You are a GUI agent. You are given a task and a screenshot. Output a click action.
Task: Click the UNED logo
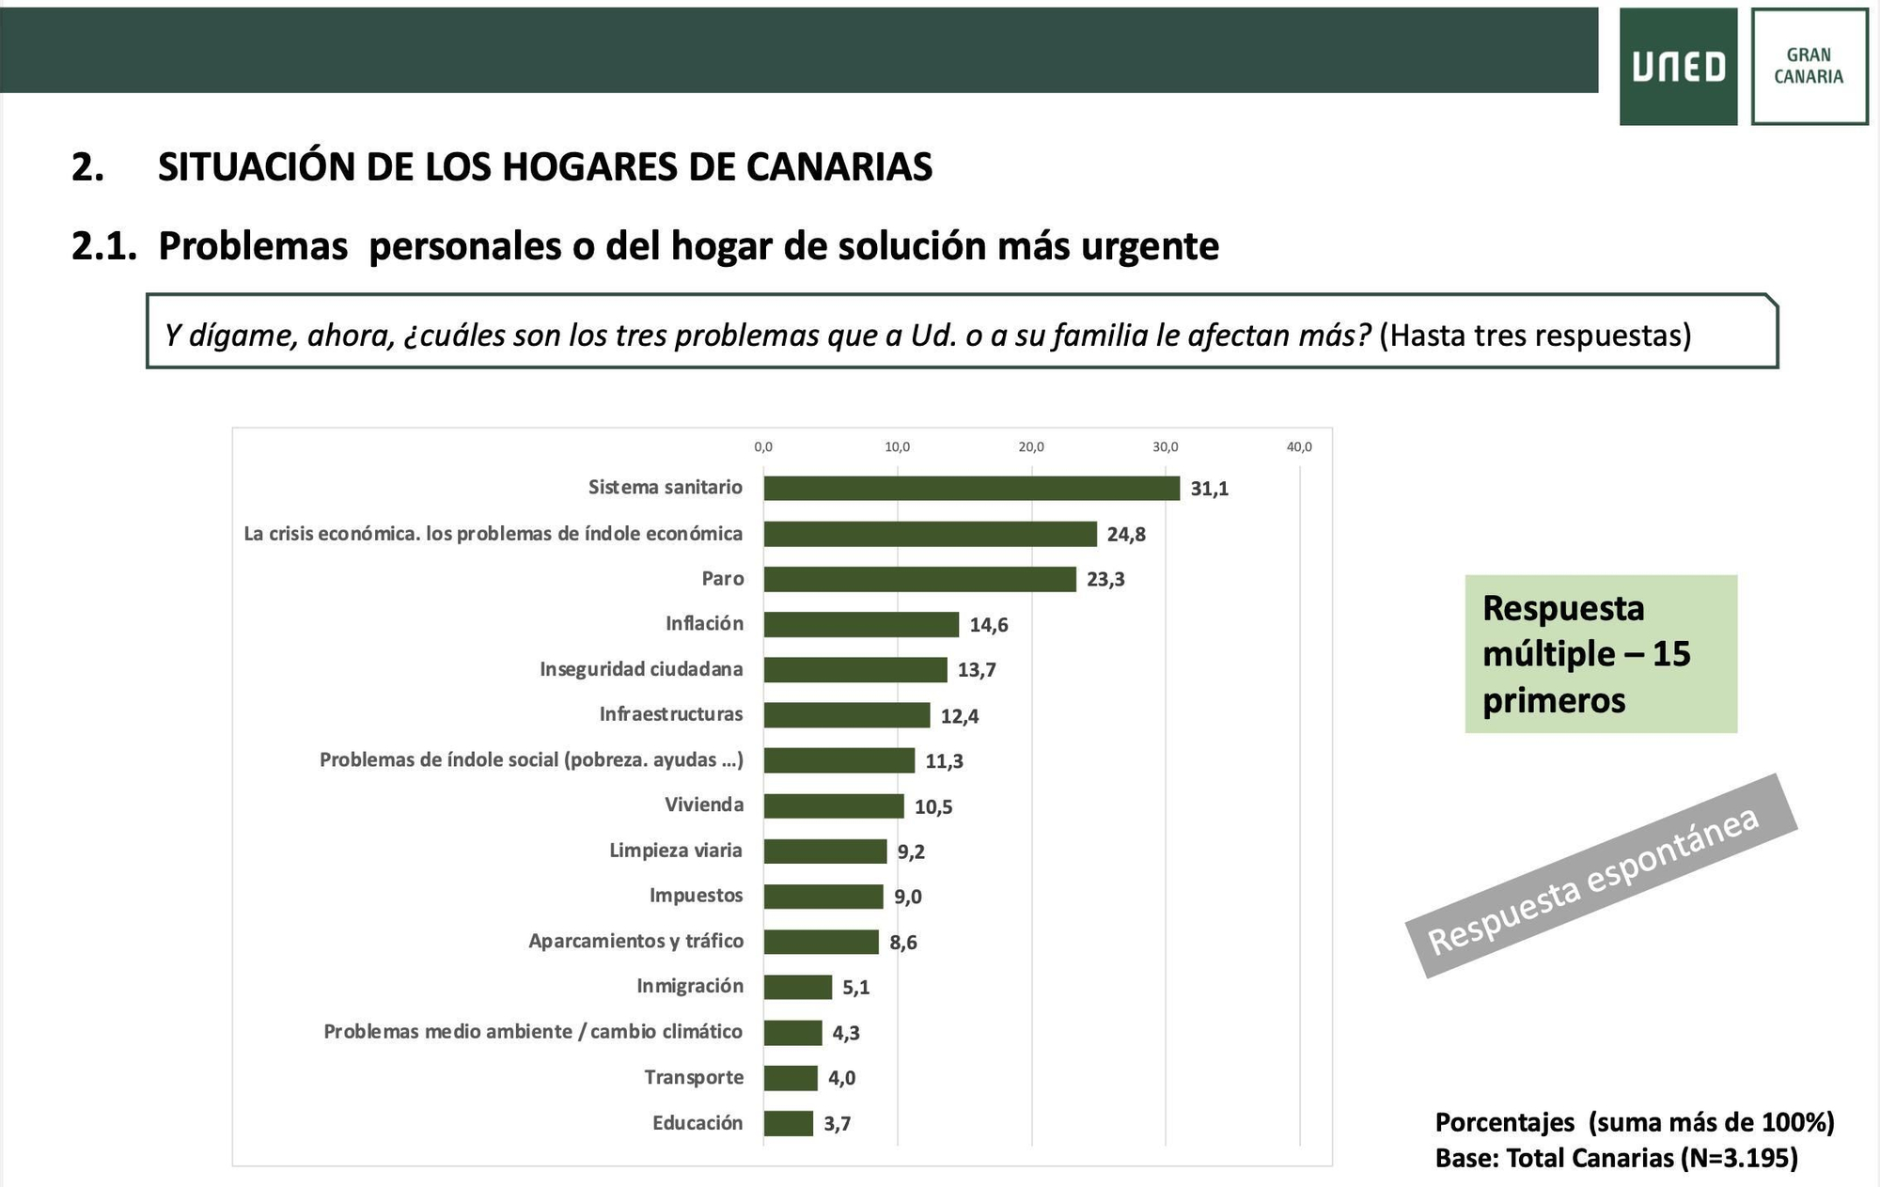click(x=1678, y=67)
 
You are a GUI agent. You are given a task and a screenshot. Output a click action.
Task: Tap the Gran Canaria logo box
click(x=1809, y=67)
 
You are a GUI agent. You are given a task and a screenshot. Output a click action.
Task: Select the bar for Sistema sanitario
click(x=971, y=488)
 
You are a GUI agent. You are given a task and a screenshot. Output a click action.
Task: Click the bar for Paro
click(x=919, y=579)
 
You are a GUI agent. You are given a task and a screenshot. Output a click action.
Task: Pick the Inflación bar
click(x=861, y=624)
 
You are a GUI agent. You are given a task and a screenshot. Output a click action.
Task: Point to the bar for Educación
click(x=788, y=1123)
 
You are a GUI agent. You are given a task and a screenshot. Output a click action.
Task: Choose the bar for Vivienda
click(x=834, y=805)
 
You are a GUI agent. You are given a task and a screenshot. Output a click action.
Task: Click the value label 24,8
click(x=1126, y=535)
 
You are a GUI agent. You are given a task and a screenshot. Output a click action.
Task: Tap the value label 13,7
click(x=977, y=670)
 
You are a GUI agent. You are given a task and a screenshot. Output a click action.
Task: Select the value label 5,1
click(x=855, y=988)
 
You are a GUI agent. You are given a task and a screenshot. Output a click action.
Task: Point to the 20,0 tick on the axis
click(x=1031, y=447)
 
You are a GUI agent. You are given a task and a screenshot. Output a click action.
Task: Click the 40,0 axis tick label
click(x=1299, y=447)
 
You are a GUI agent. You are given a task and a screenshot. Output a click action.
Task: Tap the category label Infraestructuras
click(x=671, y=714)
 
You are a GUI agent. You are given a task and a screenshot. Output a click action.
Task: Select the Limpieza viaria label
click(x=676, y=851)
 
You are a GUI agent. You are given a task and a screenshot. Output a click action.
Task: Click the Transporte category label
click(x=694, y=1077)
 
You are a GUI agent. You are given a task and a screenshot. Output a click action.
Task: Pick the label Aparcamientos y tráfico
click(x=635, y=941)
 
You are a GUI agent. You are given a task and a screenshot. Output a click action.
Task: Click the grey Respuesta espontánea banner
click(x=1601, y=876)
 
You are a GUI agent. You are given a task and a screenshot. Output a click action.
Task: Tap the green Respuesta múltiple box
click(x=1601, y=654)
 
